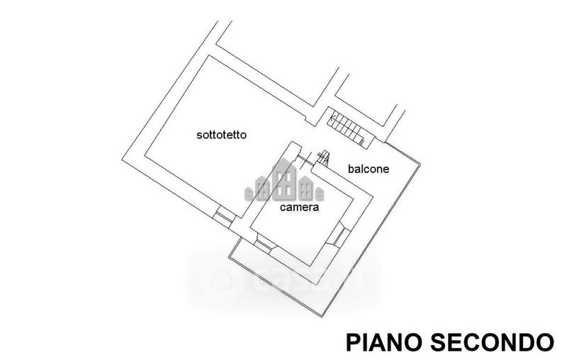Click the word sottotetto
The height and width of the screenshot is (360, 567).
coord(221,135)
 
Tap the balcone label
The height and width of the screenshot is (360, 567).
coord(369,169)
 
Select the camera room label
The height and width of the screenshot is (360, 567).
coord(299,208)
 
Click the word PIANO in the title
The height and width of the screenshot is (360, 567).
coord(384,343)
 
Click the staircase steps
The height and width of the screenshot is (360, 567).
coord(345,128)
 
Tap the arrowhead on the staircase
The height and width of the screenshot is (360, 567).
coord(333,117)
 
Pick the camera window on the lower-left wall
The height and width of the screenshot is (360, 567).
coord(265,244)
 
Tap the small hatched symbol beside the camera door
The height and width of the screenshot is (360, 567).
coord(323,158)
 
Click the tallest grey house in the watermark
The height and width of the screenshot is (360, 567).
coord(284,179)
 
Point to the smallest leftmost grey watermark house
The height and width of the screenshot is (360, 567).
coord(249,194)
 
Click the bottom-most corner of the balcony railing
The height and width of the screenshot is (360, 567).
coord(321,316)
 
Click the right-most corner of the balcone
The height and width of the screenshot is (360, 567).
coord(420,164)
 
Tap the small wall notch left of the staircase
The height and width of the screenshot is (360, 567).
coord(310,120)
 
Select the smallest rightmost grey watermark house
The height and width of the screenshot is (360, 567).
coord(320,194)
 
